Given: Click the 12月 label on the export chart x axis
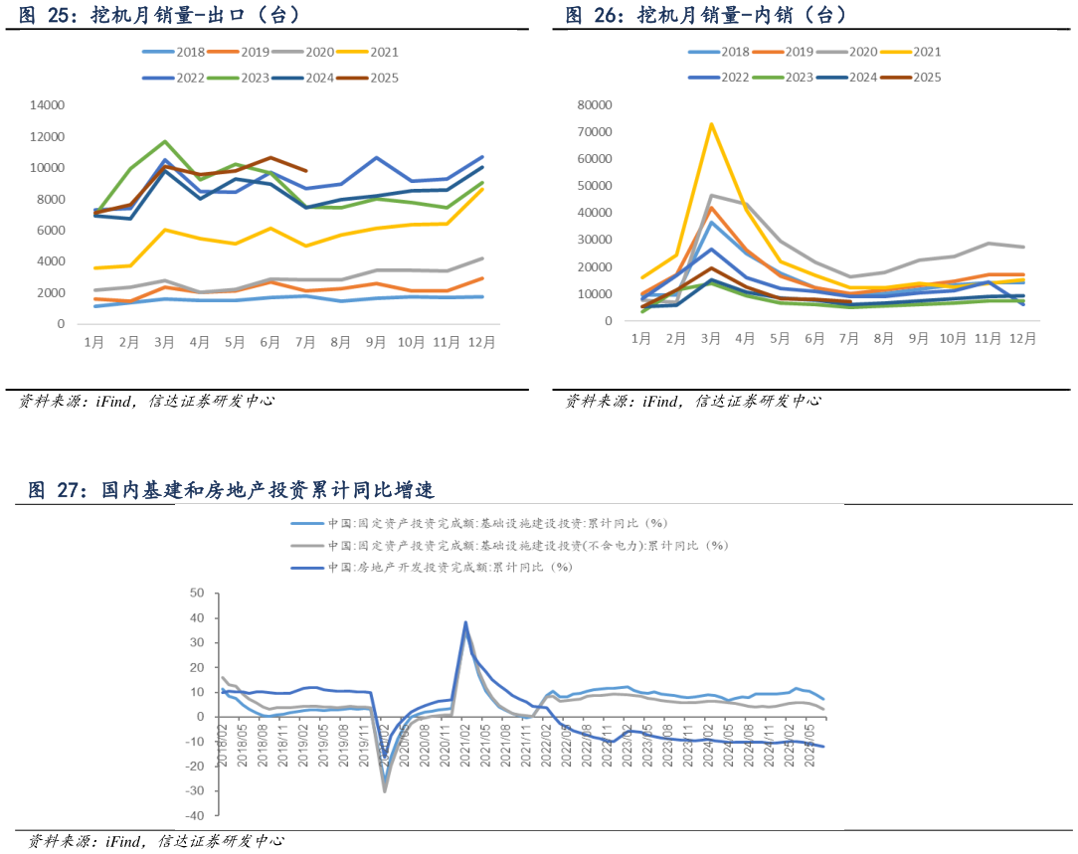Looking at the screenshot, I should pos(483,342).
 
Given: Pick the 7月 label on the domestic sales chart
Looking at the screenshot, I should pos(850,338).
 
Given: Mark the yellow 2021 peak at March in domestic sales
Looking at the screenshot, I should pos(711,124).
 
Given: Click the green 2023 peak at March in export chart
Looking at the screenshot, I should pos(165,141).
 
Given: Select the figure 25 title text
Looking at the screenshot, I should pos(159,15).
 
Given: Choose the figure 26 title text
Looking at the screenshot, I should pos(705,15).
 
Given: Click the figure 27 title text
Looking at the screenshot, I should pos(231,490).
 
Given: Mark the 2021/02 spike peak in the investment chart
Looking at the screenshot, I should pos(465,623).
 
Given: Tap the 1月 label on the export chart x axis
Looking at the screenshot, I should pos(94,342).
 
